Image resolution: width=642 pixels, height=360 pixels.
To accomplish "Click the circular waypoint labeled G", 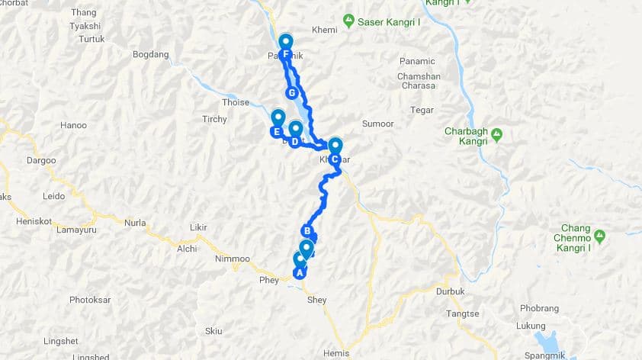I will coord(291,93).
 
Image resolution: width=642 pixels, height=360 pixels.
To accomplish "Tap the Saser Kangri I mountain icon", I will coord(348,20).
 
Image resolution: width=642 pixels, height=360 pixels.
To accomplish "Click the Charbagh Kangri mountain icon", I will coord(497,134).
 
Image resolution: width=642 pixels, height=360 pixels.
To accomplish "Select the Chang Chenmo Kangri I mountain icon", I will coord(600,237).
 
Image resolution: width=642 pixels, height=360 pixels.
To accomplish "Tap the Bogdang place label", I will coord(149,54).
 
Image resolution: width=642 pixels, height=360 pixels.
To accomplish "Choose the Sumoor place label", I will coord(377,123).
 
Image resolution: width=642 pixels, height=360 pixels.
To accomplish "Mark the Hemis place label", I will coord(336,352).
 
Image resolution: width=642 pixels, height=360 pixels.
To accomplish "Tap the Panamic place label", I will coord(416,61).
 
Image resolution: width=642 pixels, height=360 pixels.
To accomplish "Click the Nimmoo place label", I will coord(232,259).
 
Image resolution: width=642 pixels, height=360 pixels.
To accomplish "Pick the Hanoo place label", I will coord(73,125).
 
